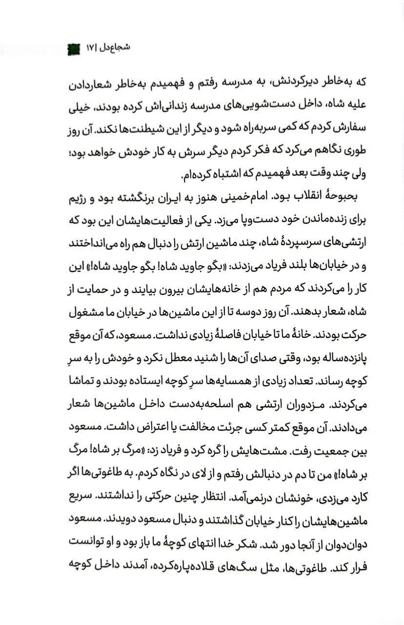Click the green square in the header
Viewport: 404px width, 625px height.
pyautogui.click(x=73, y=49)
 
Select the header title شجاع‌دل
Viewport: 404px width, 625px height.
pyautogui.click(x=118, y=49)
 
